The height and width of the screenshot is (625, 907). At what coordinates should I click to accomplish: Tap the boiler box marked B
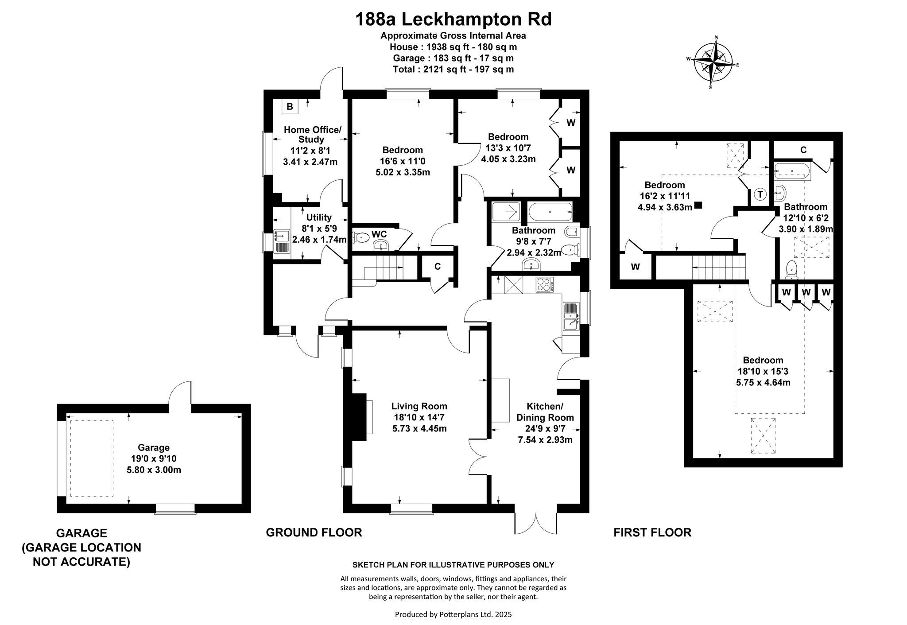tap(290, 106)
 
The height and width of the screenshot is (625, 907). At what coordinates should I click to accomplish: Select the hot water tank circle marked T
tap(760, 194)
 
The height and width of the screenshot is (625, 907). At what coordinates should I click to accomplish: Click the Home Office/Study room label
tap(312, 135)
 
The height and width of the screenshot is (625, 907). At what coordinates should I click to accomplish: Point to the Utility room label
tap(319, 217)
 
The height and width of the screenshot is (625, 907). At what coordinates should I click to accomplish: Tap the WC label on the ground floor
tap(379, 233)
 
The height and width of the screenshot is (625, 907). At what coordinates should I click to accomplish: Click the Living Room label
tap(419, 406)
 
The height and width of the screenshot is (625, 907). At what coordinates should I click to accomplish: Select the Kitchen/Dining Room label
tap(545, 412)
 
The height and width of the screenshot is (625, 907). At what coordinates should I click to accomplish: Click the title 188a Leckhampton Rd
tap(453, 19)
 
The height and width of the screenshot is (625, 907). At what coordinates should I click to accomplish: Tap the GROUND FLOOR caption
tap(314, 532)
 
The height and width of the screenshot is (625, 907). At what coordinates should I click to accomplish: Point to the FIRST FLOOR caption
tap(652, 532)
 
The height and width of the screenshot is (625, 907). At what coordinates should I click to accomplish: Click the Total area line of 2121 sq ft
tap(453, 70)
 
